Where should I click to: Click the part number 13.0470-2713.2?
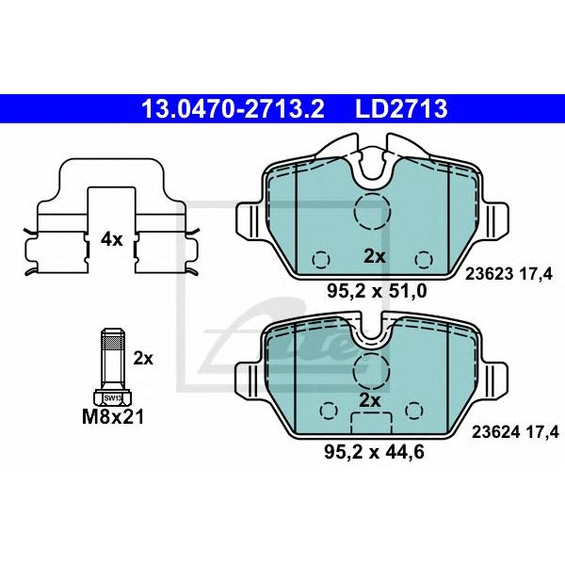coord(233,109)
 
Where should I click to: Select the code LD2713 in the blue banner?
coord(401,109)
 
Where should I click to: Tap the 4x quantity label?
coord(112,239)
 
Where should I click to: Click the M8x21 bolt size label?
coord(113,417)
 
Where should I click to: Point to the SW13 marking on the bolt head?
coord(113,398)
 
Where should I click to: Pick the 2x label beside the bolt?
coord(143,358)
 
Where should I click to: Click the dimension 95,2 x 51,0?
coord(377,291)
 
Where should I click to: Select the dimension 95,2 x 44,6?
coord(374,452)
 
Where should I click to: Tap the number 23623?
coord(489,274)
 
